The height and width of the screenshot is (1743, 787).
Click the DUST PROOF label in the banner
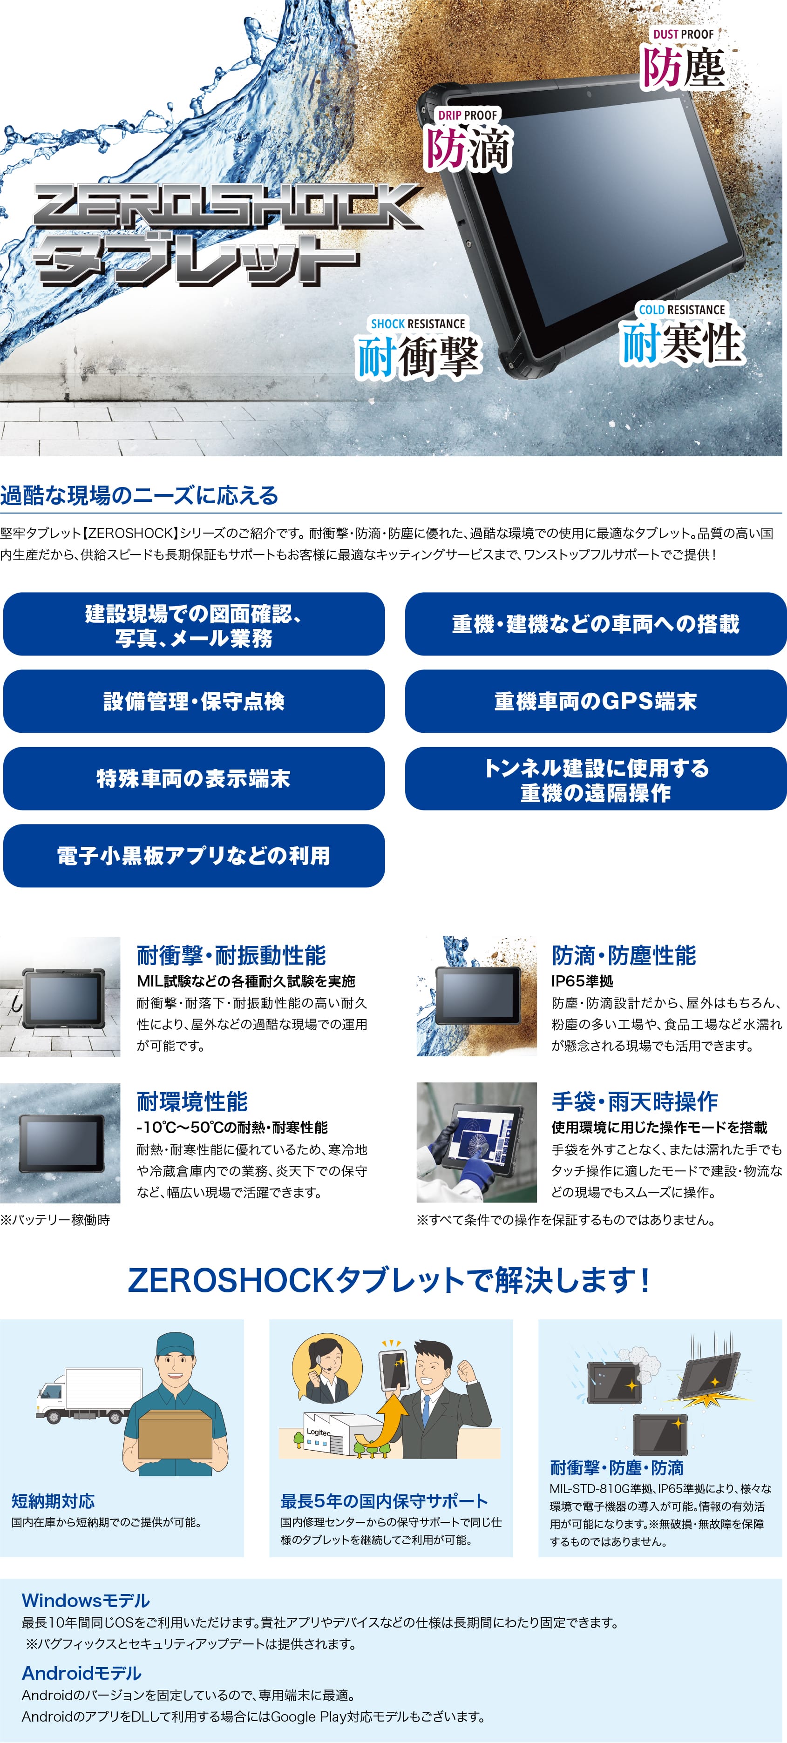[683, 34]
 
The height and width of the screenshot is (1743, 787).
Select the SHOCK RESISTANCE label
[418, 324]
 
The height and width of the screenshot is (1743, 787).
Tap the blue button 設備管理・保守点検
[194, 701]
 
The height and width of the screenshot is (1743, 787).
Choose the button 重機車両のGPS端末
[596, 701]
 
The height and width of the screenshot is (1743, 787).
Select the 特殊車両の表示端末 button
[194, 778]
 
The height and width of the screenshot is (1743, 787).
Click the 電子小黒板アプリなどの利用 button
[194, 855]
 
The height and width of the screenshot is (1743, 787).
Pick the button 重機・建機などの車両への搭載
[596, 624]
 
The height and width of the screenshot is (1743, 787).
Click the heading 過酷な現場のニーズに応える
[139, 495]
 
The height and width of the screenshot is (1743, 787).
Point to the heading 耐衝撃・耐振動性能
[231, 955]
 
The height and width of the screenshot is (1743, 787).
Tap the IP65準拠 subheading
[582, 981]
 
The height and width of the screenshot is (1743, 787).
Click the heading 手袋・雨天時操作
[635, 1101]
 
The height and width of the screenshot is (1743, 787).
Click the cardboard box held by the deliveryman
[175, 1434]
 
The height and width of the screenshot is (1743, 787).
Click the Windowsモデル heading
[86, 1600]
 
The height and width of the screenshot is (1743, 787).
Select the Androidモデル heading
[82, 1673]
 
